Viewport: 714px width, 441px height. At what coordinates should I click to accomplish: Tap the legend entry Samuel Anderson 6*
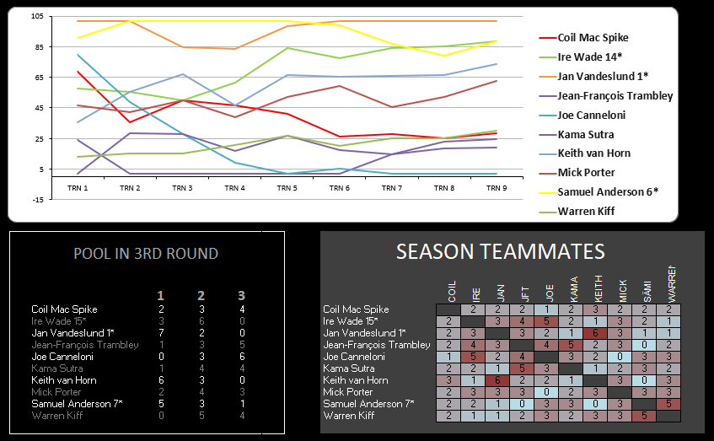[607, 191]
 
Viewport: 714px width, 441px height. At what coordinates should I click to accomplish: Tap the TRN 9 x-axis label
[497, 188]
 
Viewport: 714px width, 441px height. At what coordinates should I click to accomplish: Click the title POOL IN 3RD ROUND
[146, 254]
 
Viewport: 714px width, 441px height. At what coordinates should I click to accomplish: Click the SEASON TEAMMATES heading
[501, 251]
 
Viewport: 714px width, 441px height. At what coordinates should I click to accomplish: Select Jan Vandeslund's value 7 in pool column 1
[161, 333]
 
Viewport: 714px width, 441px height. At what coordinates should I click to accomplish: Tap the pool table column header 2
[201, 295]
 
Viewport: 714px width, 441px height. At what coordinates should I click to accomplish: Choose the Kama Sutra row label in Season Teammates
[348, 368]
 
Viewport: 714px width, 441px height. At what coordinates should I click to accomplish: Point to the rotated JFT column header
[525, 289]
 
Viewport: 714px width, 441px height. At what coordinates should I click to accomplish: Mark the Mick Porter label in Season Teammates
[349, 392]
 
